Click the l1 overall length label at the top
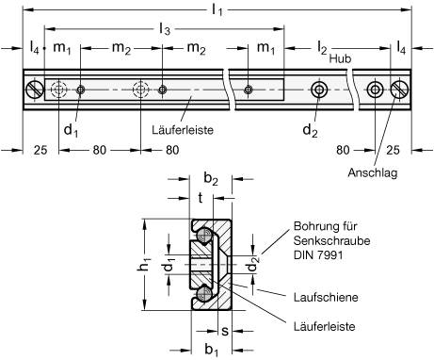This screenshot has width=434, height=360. pos(218,12)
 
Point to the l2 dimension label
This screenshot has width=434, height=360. pos(321,47)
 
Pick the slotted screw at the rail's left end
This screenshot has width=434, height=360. pos(35,90)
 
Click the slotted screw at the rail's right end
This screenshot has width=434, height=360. pos(399,90)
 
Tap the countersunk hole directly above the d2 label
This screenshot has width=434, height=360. pos(321,90)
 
